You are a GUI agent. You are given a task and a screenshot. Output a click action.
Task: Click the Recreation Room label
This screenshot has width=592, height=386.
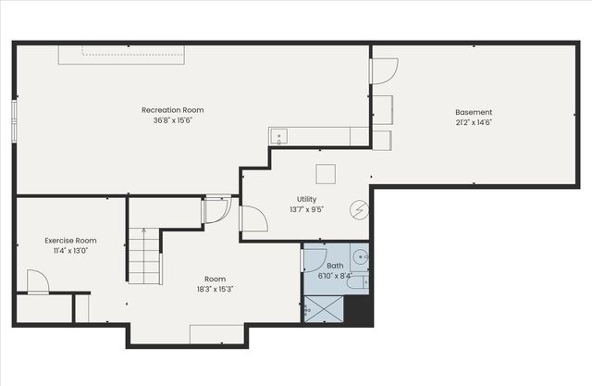172,110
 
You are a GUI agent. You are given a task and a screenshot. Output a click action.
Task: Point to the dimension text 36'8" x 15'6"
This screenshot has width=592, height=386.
172,120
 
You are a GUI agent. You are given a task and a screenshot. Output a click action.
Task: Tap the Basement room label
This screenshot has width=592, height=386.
473,112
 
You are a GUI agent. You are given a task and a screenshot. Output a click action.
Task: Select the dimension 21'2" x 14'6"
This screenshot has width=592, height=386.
473,122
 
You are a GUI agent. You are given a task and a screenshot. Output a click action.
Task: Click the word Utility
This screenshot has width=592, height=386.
306,199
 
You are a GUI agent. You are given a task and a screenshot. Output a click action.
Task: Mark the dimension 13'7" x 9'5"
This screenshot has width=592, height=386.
306,209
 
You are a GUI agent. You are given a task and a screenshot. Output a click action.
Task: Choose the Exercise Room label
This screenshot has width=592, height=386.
70,240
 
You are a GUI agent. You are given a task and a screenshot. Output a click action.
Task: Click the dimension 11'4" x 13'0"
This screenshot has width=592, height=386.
70,250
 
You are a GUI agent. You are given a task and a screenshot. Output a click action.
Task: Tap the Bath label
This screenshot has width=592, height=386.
334,266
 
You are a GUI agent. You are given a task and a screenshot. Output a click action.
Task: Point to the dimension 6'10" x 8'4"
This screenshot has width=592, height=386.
334,276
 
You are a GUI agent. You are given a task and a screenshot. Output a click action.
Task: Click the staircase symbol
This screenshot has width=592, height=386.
143,256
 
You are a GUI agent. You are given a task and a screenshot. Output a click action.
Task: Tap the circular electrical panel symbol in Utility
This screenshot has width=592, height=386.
357,209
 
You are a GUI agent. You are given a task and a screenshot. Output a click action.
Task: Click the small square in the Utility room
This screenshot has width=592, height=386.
325,173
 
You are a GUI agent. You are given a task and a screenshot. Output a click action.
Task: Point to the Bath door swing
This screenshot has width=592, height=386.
314,259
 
